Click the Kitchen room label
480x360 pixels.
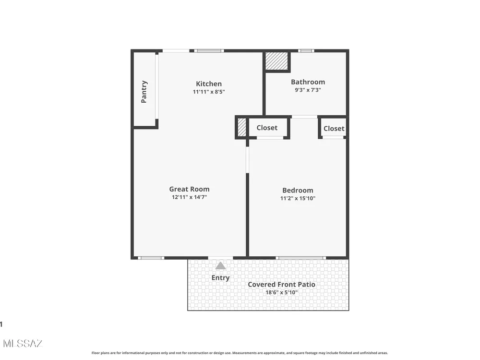tap(209, 84)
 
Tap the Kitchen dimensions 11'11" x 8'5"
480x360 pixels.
tap(209, 92)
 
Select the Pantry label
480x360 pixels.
tap(144, 92)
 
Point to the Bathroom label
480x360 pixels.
tap(308, 82)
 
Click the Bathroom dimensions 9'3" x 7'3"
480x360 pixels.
tap(308, 90)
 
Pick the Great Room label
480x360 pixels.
tap(189, 189)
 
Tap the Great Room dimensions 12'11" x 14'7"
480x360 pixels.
tap(189, 197)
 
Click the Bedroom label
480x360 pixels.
tap(298, 191)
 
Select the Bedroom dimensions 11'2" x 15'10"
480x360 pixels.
tap(298, 198)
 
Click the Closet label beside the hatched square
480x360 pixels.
tap(267, 128)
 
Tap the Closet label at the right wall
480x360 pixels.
tap(334, 129)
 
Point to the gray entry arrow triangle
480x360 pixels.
tap(220, 266)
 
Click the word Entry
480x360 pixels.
tap(220, 277)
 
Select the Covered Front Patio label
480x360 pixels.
tap(281, 284)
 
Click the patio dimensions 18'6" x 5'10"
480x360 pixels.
tap(281, 292)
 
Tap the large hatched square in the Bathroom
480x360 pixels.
tap(277, 61)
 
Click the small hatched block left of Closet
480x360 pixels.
tap(242, 127)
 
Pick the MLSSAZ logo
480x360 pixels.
tap(23, 344)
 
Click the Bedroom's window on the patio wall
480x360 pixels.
tap(300, 258)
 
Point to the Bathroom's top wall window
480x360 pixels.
tap(306, 51)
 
